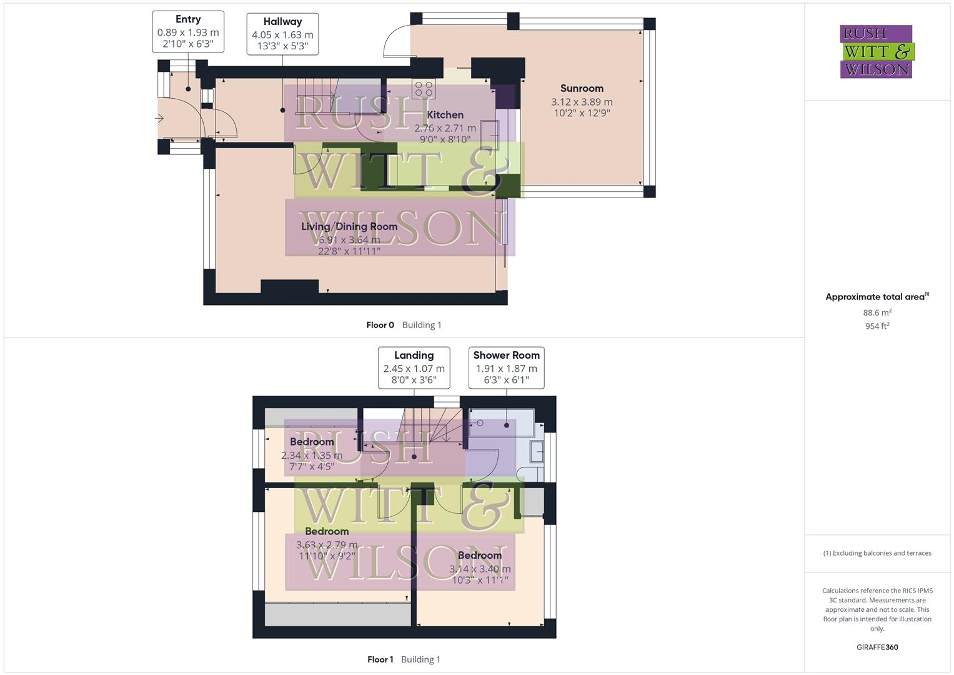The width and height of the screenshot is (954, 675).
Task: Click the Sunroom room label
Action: (582, 89)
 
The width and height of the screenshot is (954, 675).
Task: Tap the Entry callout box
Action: (188, 32)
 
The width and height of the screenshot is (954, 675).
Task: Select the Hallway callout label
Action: (282, 34)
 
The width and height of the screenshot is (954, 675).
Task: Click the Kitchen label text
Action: (445, 115)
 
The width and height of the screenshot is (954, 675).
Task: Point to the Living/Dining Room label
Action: (349, 226)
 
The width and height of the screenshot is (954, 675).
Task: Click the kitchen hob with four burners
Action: (424, 89)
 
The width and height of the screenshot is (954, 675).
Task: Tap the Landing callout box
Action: (414, 367)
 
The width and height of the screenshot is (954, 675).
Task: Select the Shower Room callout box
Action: (506, 367)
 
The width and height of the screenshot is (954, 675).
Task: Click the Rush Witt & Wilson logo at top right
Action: (876, 52)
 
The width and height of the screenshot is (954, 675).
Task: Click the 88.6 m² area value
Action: (877, 312)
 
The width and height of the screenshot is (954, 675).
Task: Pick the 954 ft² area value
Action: (877, 326)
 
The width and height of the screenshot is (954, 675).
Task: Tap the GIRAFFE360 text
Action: (877, 647)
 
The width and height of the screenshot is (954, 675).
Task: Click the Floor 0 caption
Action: (380, 325)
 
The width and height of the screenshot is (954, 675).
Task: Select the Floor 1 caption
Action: (380, 659)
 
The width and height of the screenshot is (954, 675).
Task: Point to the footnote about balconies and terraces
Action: (877, 553)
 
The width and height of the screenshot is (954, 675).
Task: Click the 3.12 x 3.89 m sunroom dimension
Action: (582, 102)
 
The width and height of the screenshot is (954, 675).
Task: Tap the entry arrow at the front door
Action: (159, 118)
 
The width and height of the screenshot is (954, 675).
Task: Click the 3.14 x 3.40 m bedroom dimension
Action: (480, 569)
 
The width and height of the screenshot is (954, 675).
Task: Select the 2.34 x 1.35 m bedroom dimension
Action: (312, 456)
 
